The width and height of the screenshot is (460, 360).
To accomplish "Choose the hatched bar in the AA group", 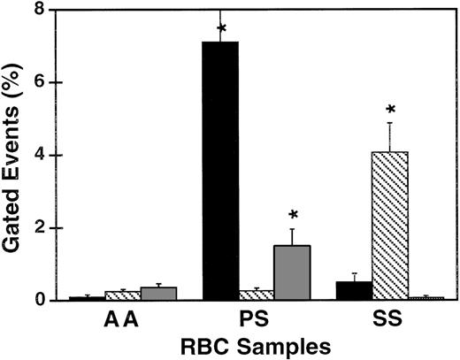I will pyautogui.click(x=123, y=295).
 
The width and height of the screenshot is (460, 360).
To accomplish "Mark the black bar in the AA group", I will pyautogui.click(x=87, y=298).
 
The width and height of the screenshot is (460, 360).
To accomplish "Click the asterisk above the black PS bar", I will pyautogui.click(x=221, y=29).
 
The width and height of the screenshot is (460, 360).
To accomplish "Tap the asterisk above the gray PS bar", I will pyautogui.click(x=294, y=216).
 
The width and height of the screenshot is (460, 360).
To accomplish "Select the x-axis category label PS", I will pyautogui.click(x=257, y=320).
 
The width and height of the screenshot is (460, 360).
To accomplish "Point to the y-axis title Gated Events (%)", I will pyautogui.click(x=15, y=155).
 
